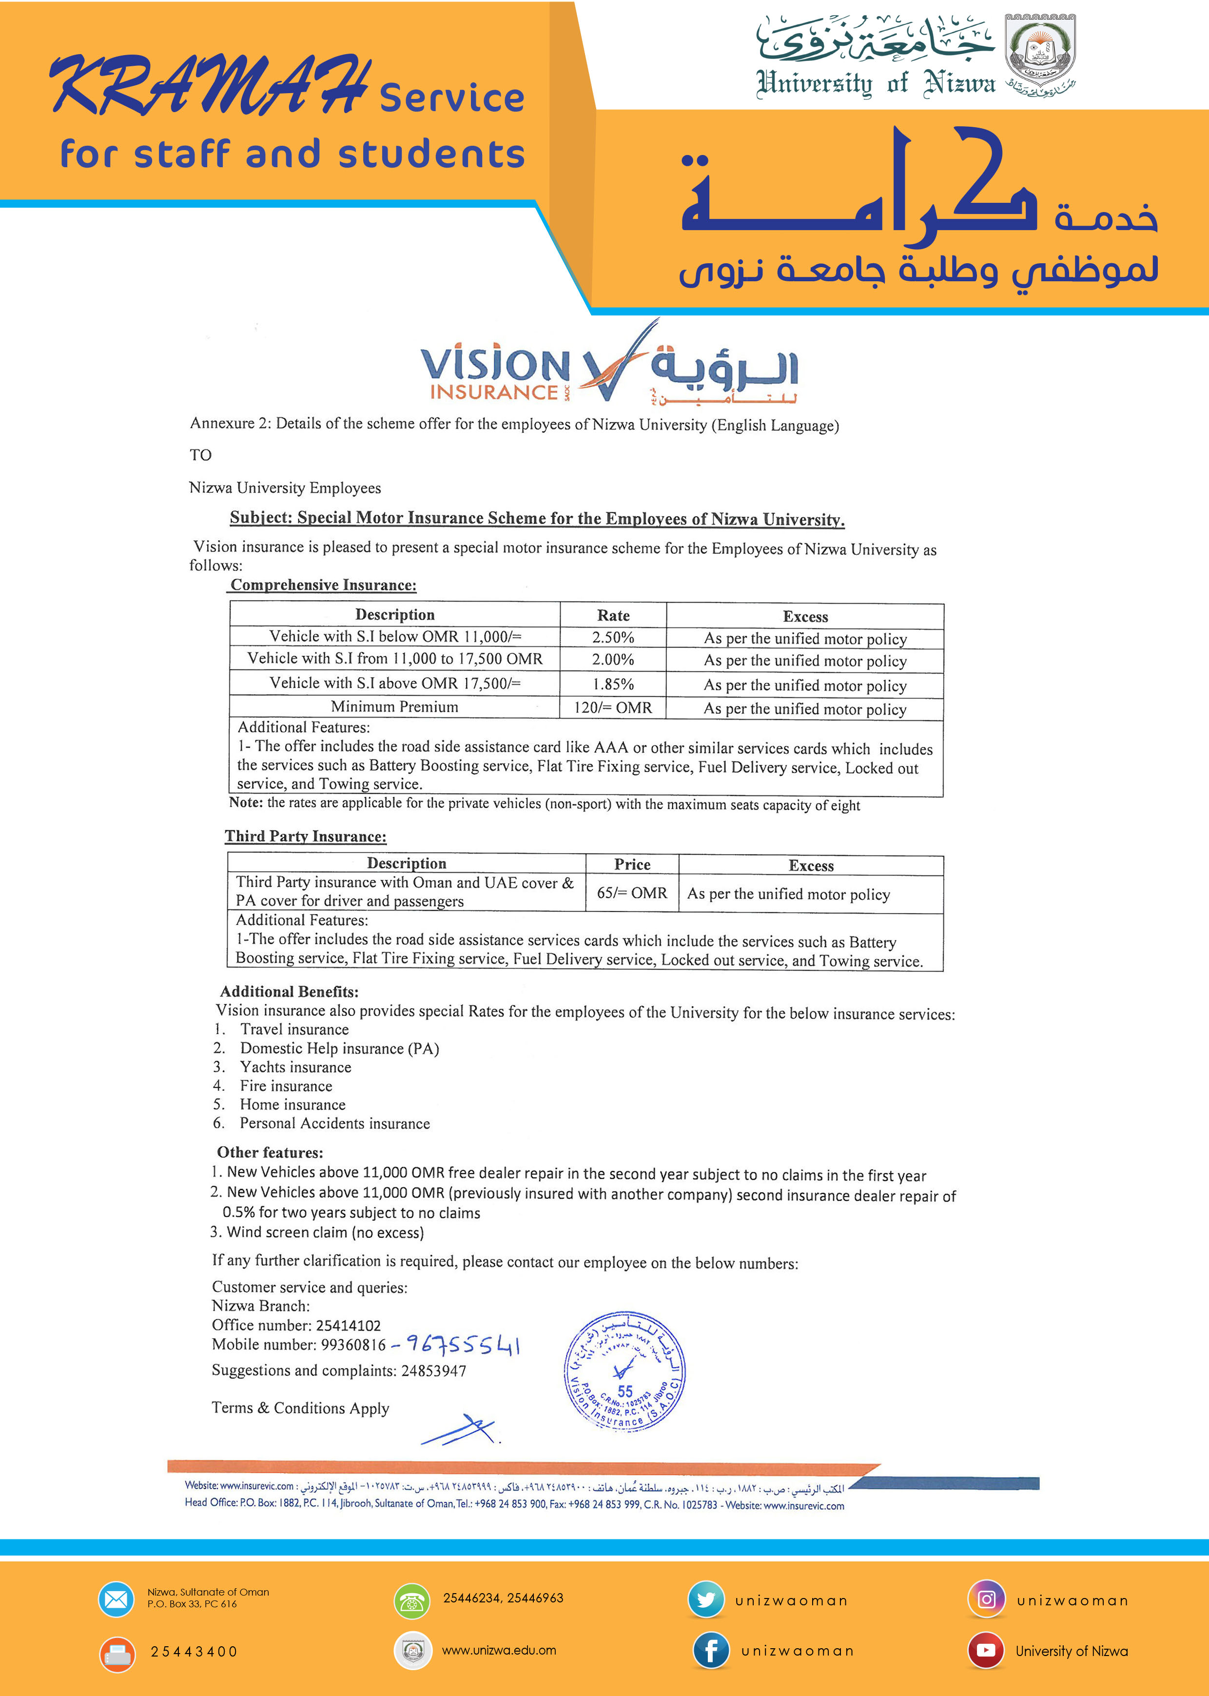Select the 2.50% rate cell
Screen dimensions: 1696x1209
tap(613, 637)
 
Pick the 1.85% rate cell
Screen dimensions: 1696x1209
tap(613, 683)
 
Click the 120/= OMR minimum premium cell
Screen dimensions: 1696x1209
tap(613, 707)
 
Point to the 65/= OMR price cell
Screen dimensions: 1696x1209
tap(632, 893)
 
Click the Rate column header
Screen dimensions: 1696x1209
tap(613, 615)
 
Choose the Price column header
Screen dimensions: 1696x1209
tap(632, 864)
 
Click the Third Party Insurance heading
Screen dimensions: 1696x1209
tap(306, 836)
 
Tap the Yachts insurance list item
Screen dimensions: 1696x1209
tap(295, 1067)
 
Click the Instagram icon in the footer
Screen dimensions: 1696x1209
tap(986, 1599)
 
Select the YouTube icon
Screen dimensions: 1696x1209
tap(986, 1651)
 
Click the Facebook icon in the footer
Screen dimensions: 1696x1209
tap(710, 1651)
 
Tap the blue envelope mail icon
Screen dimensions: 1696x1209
tap(116, 1599)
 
